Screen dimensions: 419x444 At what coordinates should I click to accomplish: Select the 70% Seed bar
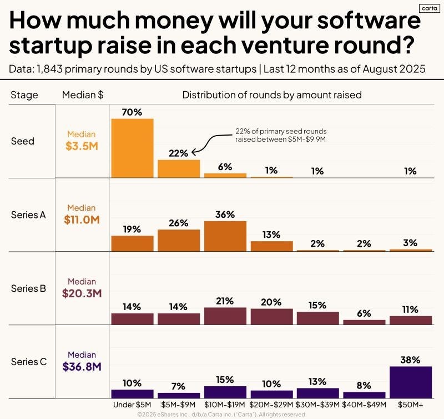click(x=132, y=148)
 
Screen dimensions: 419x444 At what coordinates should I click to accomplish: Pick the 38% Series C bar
click(x=411, y=382)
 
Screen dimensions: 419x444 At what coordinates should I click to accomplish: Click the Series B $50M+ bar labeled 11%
click(x=411, y=320)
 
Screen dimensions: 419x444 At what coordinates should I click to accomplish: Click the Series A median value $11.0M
click(x=81, y=220)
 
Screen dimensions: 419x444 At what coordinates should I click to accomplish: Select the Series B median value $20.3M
click(x=81, y=293)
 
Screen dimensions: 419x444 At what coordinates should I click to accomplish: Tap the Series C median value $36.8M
click(x=81, y=366)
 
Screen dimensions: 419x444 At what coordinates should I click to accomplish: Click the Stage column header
click(x=24, y=95)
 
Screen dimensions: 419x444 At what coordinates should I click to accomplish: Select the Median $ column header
click(x=83, y=95)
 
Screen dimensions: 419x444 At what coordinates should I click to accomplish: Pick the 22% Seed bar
click(x=179, y=168)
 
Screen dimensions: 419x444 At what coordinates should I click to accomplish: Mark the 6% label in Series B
click(x=364, y=313)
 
